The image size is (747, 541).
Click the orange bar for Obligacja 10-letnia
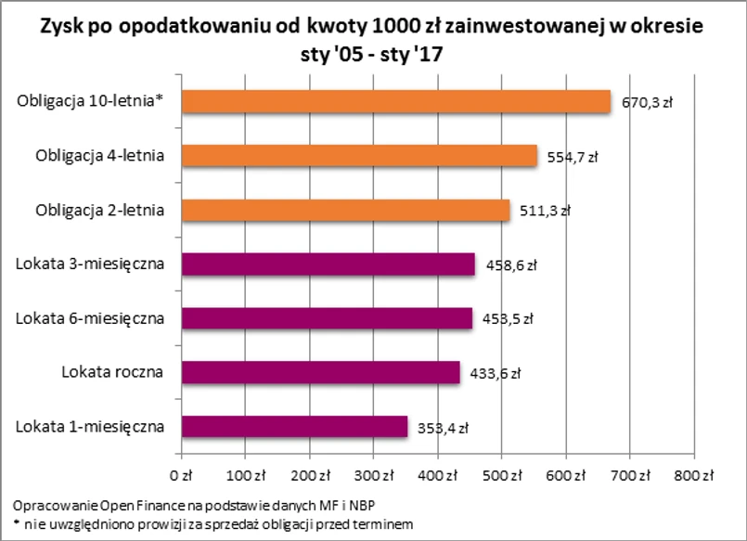click(396, 102)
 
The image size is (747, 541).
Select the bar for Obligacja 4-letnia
click(359, 156)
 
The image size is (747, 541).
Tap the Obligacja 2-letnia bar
click(345, 211)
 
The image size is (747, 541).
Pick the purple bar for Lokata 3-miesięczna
click(328, 264)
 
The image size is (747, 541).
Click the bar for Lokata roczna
click(320, 372)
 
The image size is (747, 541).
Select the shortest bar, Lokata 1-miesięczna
click(294, 426)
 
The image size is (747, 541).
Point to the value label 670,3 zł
click(646, 103)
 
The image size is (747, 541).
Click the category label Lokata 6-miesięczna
click(90, 318)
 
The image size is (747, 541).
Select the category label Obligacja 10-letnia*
click(90, 102)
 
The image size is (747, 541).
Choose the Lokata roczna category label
click(112, 372)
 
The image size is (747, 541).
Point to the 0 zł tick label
click(182, 476)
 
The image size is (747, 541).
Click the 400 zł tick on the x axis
click(437, 476)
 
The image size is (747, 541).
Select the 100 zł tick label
click(246, 476)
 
